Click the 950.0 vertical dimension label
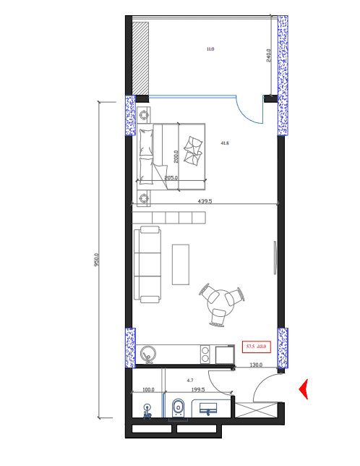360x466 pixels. coord(97,259)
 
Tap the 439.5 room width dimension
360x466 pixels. coord(205,201)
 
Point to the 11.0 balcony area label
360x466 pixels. coord(210,49)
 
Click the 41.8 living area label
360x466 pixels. coord(224,143)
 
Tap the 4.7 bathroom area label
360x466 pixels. coord(189,379)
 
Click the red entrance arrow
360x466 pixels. coord(304,390)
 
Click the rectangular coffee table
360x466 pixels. coord(180,265)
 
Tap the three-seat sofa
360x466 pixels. coord(147,264)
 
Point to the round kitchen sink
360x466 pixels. coord(150,354)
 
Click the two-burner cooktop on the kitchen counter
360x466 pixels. coord(206,355)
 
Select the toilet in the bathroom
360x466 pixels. coord(178,409)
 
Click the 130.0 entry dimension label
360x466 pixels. coord(256,365)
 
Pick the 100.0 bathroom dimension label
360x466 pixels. coord(149,389)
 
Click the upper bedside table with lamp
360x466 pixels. coord(145,114)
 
